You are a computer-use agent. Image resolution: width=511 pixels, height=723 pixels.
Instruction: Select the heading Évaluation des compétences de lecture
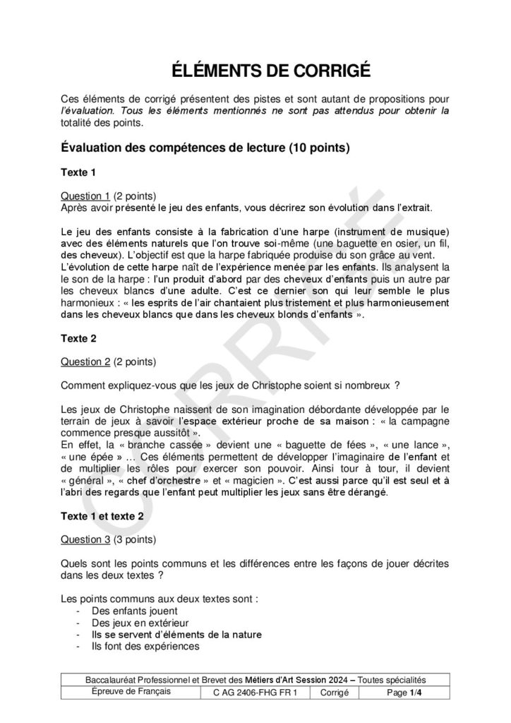205,148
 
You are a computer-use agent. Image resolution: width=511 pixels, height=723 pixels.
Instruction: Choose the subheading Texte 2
78,338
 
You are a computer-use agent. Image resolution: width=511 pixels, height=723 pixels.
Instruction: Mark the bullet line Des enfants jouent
134,611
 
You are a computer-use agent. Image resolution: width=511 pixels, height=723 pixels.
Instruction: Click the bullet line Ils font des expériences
145,646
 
